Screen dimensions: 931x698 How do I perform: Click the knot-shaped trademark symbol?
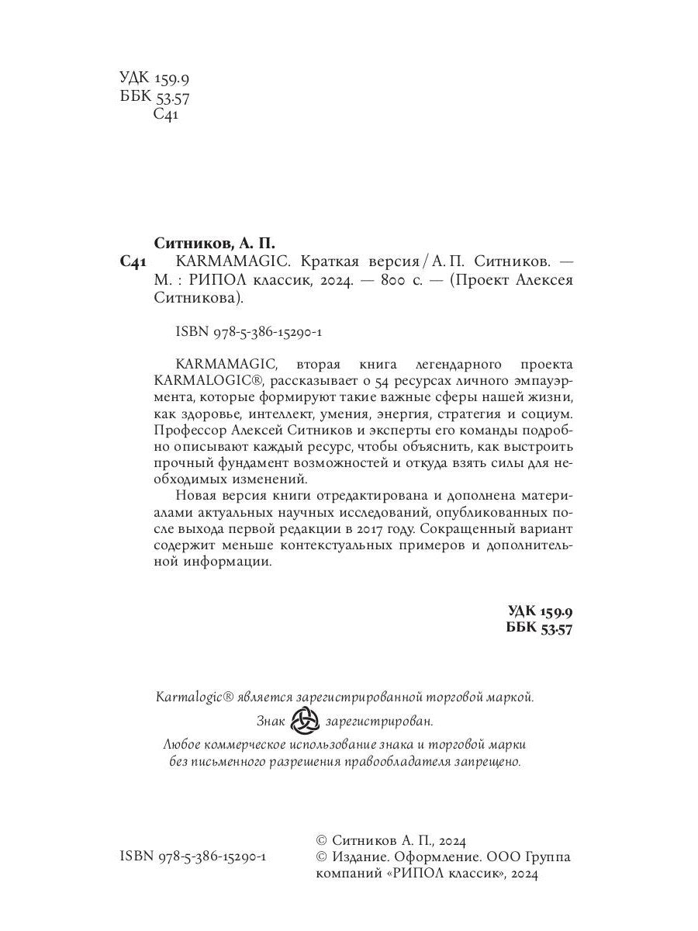point(304,722)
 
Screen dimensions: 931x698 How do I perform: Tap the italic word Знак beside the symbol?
point(271,722)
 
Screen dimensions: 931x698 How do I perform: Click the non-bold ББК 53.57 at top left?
point(155,98)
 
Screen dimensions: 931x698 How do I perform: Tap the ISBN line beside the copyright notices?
point(194,857)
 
